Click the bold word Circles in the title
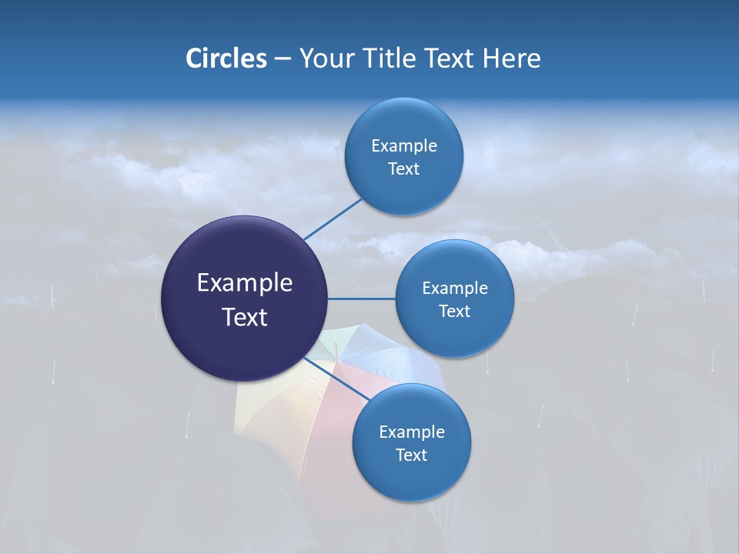coord(226,58)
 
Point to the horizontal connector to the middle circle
coord(362,299)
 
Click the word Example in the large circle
coord(244,283)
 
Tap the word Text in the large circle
coord(244,317)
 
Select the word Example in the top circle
coord(403,146)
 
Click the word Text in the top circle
coord(403,169)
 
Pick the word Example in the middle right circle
coord(454,289)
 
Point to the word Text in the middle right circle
coord(454,312)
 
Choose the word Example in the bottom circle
coord(411,432)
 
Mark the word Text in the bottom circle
coord(411,456)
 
